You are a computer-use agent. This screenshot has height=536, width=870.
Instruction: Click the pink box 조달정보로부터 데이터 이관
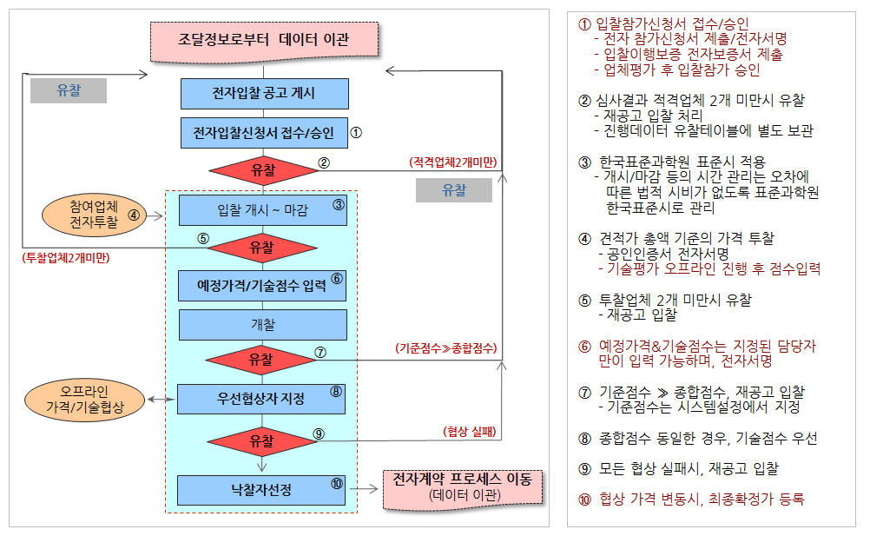(x=265, y=41)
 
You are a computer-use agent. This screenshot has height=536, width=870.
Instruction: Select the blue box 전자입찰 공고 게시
(x=265, y=93)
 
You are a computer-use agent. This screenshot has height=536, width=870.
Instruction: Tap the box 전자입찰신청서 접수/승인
(x=264, y=133)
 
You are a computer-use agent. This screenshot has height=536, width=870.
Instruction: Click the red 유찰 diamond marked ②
(x=264, y=170)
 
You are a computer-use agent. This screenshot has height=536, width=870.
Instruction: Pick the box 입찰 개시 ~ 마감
(x=263, y=209)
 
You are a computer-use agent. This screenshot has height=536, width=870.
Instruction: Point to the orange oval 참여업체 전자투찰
(x=95, y=215)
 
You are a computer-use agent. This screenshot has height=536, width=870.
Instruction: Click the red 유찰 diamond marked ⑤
(x=262, y=248)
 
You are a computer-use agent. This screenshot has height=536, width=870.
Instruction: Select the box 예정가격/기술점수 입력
(x=262, y=286)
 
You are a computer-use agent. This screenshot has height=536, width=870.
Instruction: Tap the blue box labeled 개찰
(x=263, y=325)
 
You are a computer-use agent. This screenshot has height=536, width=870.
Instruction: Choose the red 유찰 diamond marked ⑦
(x=260, y=361)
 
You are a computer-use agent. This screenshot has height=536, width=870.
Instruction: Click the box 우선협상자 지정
(x=261, y=399)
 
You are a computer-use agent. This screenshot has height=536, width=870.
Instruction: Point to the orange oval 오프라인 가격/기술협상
(x=85, y=400)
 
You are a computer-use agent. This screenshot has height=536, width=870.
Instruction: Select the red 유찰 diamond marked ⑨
(x=262, y=441)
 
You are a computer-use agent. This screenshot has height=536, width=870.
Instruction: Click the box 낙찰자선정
(x=261, y=490)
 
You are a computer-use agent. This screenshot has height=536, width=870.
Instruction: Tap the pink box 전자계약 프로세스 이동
(x=463, y=489)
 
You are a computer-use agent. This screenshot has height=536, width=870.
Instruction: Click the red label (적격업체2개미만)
(x=452, y=162)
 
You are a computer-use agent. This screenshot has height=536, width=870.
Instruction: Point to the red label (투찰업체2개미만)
(x=66, y=258)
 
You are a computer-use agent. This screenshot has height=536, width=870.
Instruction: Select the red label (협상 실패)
(x=470, y=431)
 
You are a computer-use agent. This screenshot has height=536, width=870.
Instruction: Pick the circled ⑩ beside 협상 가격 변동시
(x=585, y=500)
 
